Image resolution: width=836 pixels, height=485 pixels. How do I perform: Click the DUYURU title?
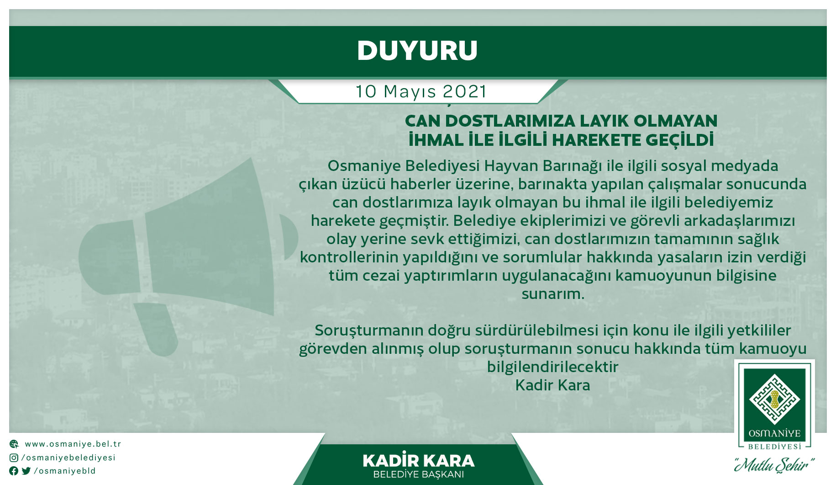pyautogui.click(x=417, y=50)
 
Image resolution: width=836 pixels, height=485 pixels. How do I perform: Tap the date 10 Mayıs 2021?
pyautogui.click(x=421, y=91)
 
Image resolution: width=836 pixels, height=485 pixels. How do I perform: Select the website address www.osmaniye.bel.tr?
pyautogui.click(x=73, y=444)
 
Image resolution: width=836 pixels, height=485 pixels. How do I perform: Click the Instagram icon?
pyautogui.click(x=14, y=458)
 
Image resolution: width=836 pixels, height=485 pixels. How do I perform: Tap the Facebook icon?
pyautogui.click(x=14, y=471)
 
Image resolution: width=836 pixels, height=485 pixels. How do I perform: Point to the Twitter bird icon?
pyautogui.click(x=26, y=471)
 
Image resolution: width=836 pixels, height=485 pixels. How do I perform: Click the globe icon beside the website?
pyautogui.click(x=14, y=444)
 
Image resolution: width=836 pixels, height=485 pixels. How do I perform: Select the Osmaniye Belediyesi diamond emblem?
pyautogui.click(x=774, y=399)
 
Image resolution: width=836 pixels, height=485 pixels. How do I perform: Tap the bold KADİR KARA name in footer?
pyautogui.click(x=418, y=461)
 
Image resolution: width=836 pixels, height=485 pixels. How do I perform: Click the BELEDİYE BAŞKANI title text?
pyautogui.click(x=418, y=474)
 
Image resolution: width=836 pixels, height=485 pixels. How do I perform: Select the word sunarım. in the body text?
pyautogui.click(x=553, y=293)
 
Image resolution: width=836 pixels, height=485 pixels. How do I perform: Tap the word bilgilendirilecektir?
pyautogui.click(x=552, y=367)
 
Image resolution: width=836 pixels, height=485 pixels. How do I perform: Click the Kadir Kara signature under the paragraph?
pyautogui.click(x=552, y=385)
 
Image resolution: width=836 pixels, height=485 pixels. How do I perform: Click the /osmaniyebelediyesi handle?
pyautogui.click(x=68, y=458)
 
